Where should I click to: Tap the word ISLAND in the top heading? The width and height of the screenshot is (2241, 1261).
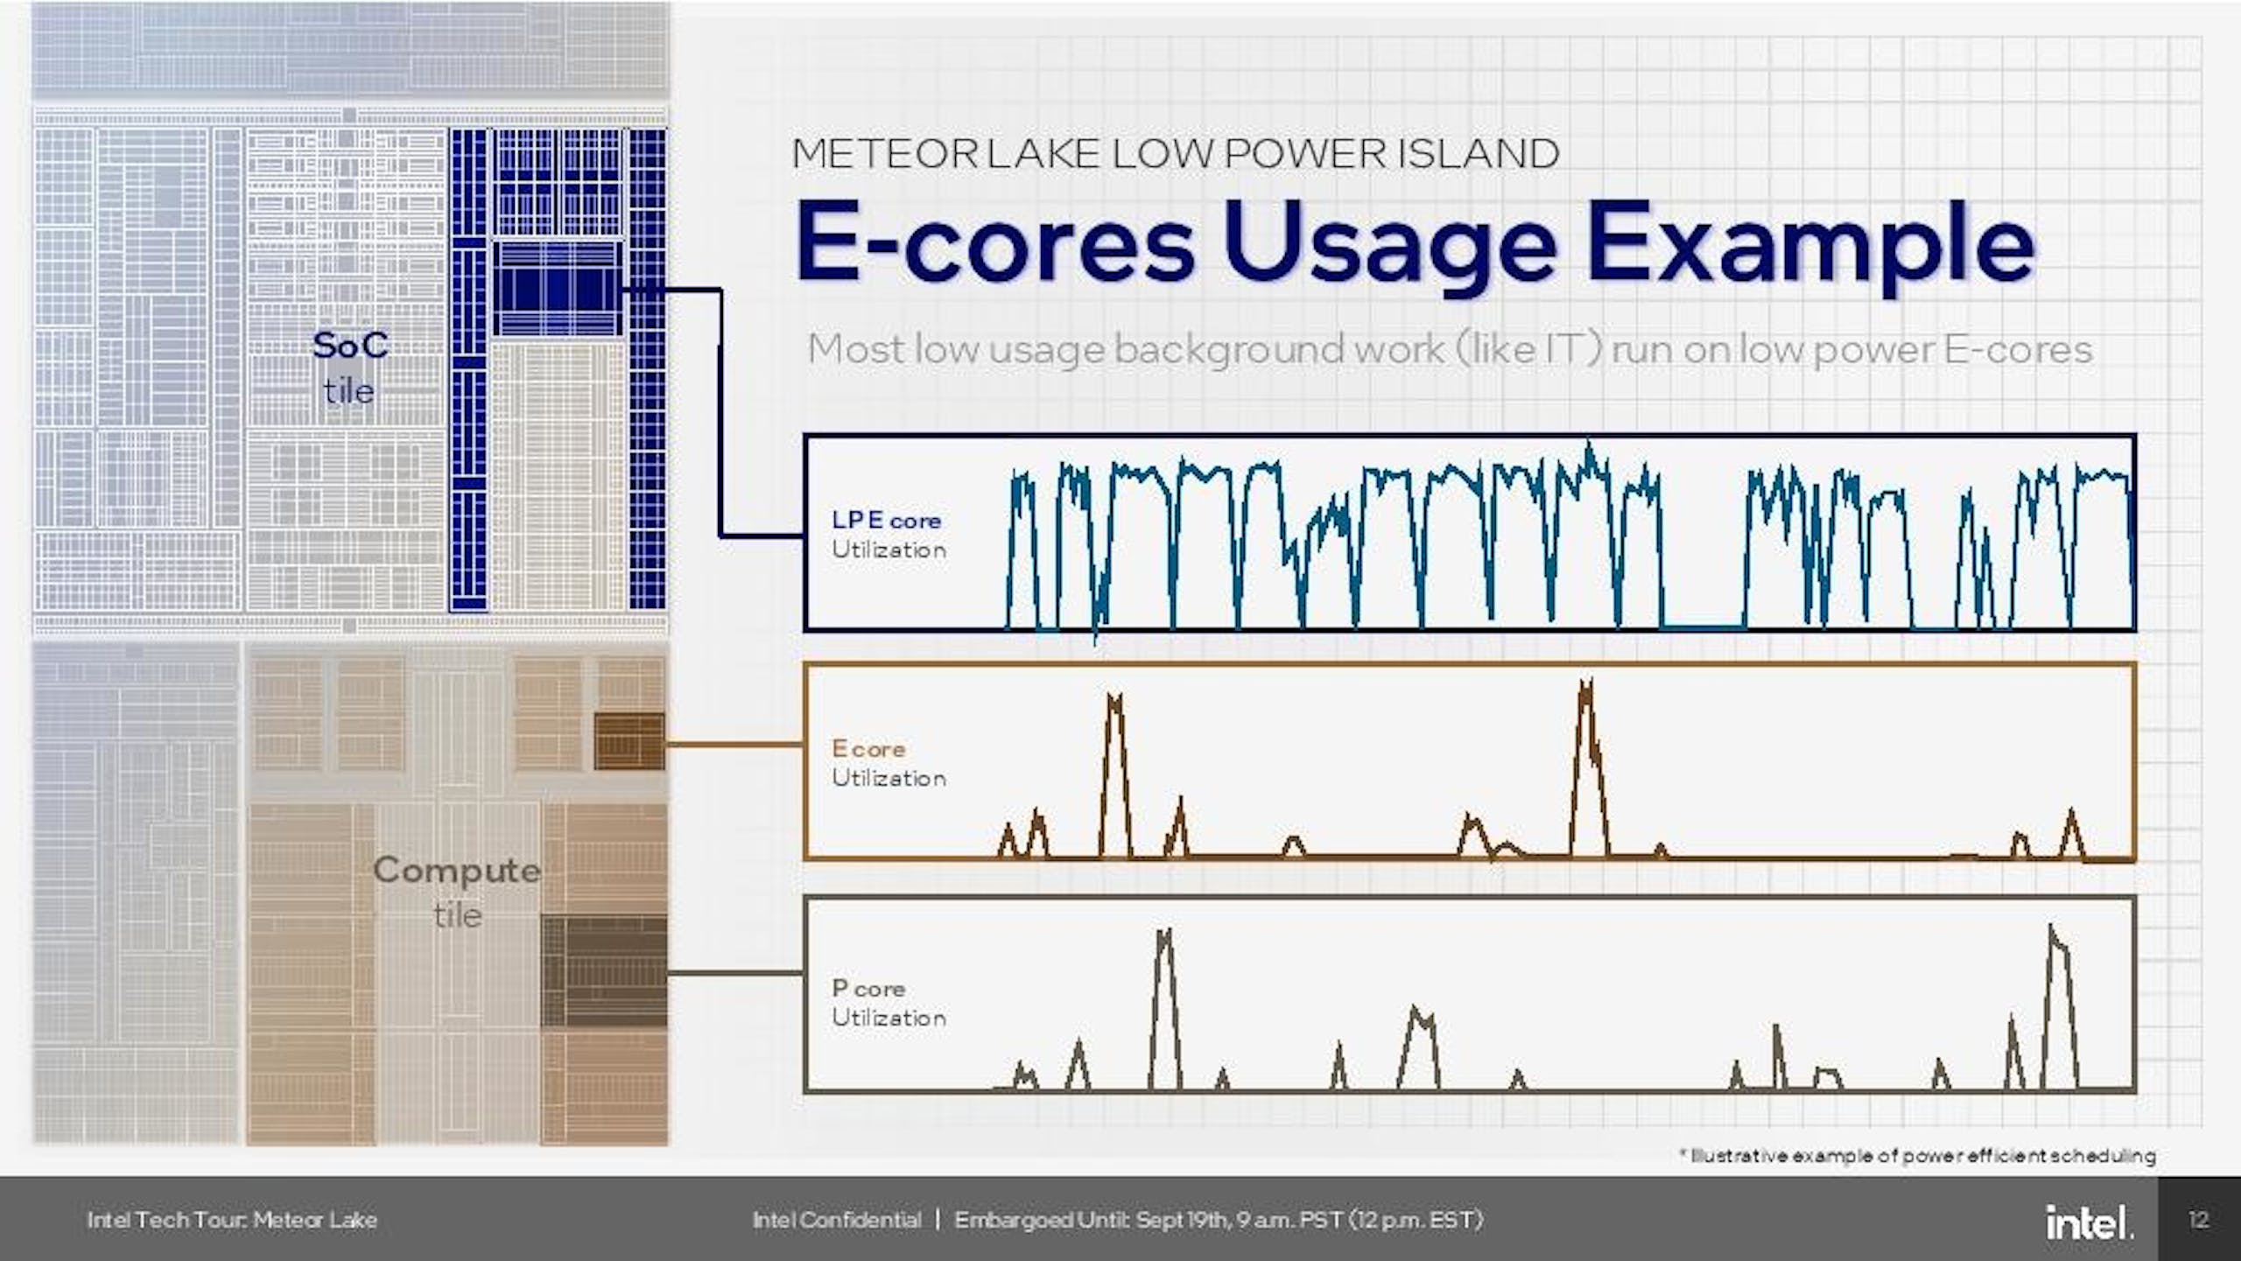tap(1479, 154)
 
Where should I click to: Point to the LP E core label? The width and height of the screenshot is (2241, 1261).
tap(886, 520)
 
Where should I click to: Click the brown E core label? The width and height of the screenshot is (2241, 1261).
tap(868, 749)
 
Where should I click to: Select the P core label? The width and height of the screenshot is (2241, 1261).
tap(868, 989)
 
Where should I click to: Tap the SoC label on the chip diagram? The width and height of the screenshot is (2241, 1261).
tap(350, 346)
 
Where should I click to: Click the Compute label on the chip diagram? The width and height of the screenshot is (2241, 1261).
tap(457, 871)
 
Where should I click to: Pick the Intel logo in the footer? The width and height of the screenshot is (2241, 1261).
tap(2089, 1222)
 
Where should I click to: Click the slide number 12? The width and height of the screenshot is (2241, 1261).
tap(2199, 1220)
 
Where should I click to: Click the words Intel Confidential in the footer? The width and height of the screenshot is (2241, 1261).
tap(837, 1220)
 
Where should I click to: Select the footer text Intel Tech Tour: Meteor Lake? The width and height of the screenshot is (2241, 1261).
tap(232, 1220)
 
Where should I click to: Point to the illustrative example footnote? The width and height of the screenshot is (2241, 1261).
tap(1917, 1156)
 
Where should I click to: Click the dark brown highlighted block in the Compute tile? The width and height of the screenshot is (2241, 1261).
tap(604, 970)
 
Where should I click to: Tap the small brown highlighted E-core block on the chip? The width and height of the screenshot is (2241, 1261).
tap(629, 741)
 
